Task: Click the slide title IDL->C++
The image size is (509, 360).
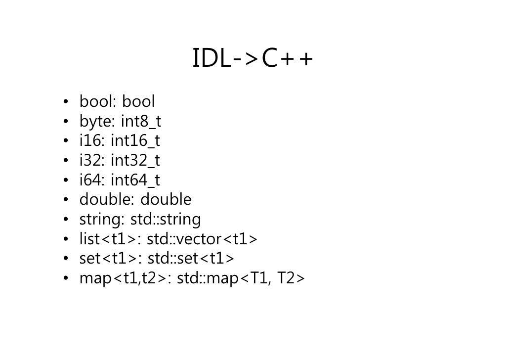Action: (x=253, y=60)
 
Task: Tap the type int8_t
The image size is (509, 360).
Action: (x=141, y=121)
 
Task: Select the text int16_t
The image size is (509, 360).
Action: (x=135, y=141)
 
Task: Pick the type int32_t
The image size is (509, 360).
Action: (x=135, y=161)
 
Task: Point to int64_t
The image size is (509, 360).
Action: (x=135, y=180)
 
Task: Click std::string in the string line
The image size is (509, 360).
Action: (x=166, y=219)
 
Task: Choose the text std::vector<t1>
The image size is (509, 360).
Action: (x=202, y=239)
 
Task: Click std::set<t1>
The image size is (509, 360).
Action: (x=191, y=259)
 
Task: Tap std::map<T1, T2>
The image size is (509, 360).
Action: (x=241, y=279)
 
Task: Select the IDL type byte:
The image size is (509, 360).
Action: (x=97, y=122)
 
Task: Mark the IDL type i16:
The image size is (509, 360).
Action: (x=92, y=141)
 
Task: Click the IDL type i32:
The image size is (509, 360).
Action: (x=92, y=161)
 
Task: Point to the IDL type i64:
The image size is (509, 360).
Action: (x=92, y=180)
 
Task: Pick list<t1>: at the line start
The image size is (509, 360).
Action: (x=111, y=239)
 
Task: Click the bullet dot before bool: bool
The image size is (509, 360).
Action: (x=65, y=102)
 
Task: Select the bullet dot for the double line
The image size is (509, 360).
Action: (x=65, y=200)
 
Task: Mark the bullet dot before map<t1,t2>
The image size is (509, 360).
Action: (x=65, y=279)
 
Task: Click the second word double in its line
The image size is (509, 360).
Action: (x=166, y=200)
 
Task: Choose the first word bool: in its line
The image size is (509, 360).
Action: (x=98, y=102)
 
